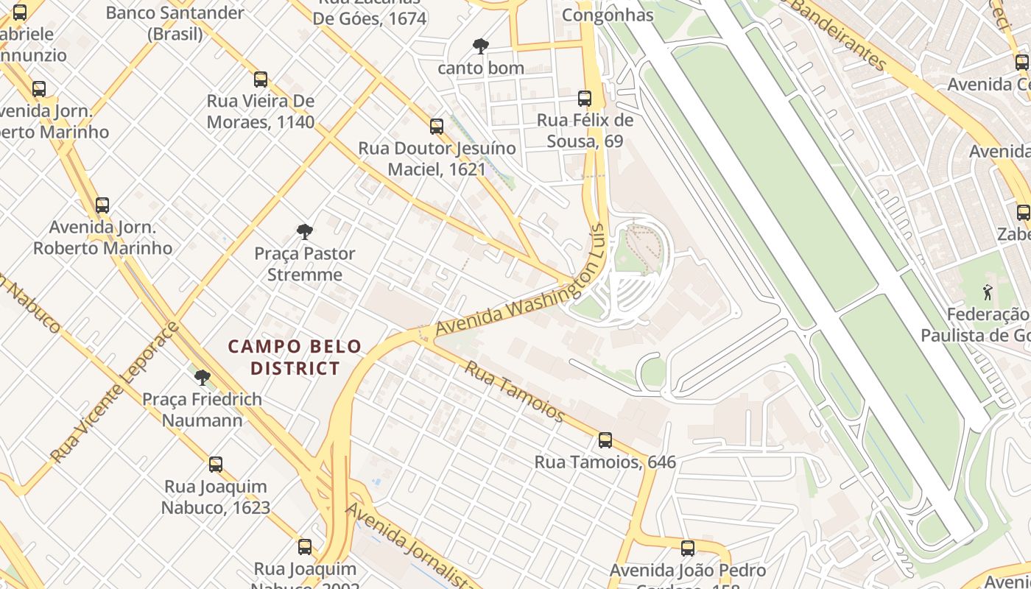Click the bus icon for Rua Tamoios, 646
tap(605, 440)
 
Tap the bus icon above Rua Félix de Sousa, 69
tap(585, 99)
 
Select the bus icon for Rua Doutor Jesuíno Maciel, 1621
tap(437, 127)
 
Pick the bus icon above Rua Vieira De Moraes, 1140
tap(261, 80)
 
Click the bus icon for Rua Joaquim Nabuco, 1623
tap(216, 465)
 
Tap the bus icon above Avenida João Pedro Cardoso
tap(688, 549)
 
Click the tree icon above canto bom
tap(481, 47)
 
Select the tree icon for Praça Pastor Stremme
tap(305, 233)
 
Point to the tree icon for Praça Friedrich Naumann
tap(202, 378)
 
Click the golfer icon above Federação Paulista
tap(988, 292)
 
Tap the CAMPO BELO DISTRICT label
tap(295, 357)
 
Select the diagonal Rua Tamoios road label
tap(514, 391)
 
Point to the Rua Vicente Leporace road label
tap(115, 394)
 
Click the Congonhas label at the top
tap(608, 15)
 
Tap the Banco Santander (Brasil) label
tap(175, 23)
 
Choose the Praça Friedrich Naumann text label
tap(202, 410)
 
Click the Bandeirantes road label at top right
tap(840, 33)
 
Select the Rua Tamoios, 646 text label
tap(605, 462)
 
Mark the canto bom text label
tap(481, 68)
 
